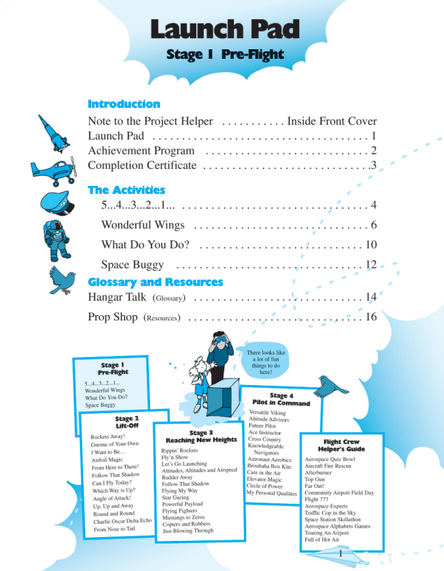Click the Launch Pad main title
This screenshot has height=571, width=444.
(225, 29)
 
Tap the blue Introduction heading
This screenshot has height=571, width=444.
(123, 104)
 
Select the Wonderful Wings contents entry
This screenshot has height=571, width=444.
(143, 225)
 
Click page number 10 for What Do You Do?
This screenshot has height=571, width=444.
(371, 245)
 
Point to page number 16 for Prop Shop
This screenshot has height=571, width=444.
(371, 317)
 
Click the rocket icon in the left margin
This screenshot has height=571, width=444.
(54, 134)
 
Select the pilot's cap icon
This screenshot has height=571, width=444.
(57, 204)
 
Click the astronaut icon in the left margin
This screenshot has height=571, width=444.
(57, 241)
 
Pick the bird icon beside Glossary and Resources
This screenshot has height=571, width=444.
(62, 280)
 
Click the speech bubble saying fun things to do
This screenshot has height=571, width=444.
(265, 362)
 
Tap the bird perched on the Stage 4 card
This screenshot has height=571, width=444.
(330, 387)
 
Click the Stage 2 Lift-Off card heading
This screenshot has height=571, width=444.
(126, 422)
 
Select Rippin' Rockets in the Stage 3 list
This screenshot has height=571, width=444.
(179, 450)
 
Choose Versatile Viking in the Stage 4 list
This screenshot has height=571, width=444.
(268, 412)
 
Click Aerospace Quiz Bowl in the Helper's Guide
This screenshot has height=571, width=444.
(329, 459)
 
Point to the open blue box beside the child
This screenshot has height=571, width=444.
(223, 398)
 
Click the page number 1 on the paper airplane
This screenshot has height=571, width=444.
(340, 554)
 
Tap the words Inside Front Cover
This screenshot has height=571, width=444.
(332, 121)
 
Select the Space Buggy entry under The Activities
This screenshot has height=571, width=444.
(132, 265)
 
